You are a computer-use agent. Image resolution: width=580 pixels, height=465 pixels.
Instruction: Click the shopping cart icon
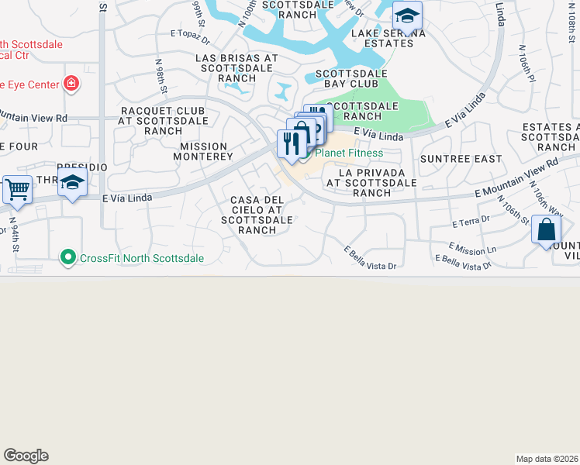[17, 189]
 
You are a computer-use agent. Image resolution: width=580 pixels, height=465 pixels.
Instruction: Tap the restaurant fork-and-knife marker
[291, 143]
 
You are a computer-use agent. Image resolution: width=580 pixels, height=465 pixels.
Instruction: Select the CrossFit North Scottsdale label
[133, 258]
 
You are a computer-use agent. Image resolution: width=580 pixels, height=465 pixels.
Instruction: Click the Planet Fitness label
[348, 153]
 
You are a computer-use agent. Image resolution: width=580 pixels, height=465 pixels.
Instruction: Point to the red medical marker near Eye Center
[71, 83]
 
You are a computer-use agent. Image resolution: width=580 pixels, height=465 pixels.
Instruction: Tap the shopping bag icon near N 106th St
[546, 229]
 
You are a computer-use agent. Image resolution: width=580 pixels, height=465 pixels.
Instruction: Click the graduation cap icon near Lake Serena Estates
[406, 15]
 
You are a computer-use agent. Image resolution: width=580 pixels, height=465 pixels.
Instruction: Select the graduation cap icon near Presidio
[72, 182]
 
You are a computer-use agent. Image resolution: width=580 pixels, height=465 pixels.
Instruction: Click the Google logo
[26, 456]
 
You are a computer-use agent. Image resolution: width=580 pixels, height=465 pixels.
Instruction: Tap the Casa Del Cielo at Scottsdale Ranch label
[257, 215]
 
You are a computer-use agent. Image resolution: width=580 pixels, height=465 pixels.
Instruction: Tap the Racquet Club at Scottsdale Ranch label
[164, 121]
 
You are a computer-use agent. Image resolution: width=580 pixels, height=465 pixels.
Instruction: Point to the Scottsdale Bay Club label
[351, 80]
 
